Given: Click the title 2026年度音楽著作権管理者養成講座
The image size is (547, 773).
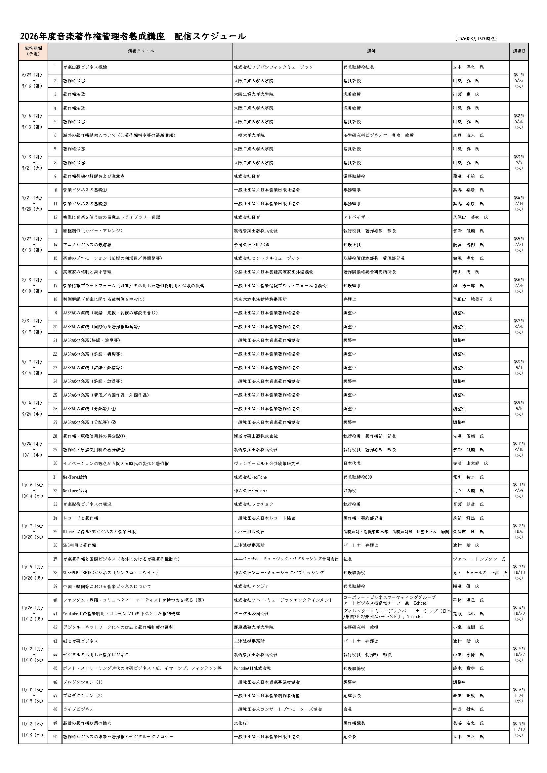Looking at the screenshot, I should tap(92, 36).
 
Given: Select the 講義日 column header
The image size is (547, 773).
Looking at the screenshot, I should tap(519, 51).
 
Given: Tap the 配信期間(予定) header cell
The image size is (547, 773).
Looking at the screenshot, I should tap(33, 51).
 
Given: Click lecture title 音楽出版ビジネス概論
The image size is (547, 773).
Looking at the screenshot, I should tap(85, 67).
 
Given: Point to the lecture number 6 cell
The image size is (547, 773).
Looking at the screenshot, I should tap(55, 135).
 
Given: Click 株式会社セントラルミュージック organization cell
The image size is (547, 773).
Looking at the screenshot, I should tap(267, 258).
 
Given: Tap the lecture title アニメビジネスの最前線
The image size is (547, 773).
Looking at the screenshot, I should tap(87, 245).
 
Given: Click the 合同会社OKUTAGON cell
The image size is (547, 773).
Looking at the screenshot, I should tap(252, 245).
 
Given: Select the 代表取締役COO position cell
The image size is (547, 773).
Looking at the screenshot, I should tap(358, 477).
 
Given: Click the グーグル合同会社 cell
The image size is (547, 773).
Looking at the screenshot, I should tap(251, 614).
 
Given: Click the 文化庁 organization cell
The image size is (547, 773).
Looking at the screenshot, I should tap(240, 723).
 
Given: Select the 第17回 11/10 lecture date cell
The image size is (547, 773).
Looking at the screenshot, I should tap(519, 730).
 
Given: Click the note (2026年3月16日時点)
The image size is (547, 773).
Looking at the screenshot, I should tap(475, 39).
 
